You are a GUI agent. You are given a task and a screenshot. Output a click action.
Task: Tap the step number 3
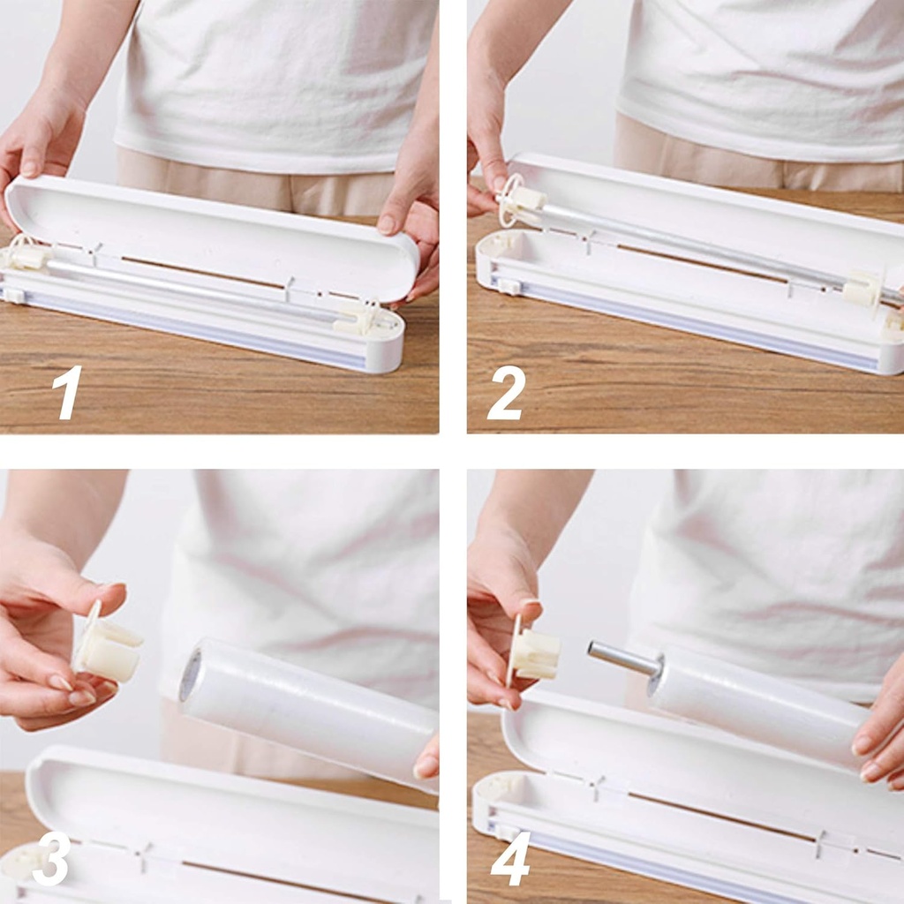(52, 857)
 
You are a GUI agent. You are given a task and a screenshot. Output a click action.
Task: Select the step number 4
(510, 857)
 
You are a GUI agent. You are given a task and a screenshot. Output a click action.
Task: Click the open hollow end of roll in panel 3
(191, 676)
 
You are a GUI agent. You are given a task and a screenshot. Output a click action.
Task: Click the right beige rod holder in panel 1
(358, 320)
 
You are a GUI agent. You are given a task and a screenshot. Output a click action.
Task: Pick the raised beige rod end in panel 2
(523, 198)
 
